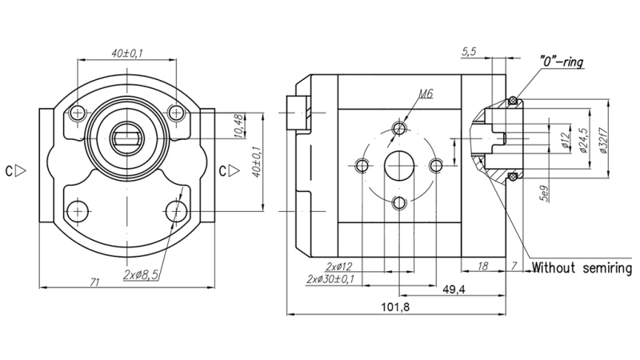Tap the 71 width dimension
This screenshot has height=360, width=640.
(x=94, y=282)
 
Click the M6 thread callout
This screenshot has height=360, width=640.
(x=425, y=94)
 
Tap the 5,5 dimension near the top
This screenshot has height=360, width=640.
(x=470, y=51)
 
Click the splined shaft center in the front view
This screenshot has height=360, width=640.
(x=128, y=137)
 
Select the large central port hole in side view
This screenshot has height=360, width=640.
(x=398, y=166)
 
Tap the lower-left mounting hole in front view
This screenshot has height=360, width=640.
(x=77, y=211)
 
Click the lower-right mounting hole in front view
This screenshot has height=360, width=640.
(x=177, y=211)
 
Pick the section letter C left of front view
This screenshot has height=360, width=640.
(x=11, y=170)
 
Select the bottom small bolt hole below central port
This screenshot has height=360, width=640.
(x=398, y=204)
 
